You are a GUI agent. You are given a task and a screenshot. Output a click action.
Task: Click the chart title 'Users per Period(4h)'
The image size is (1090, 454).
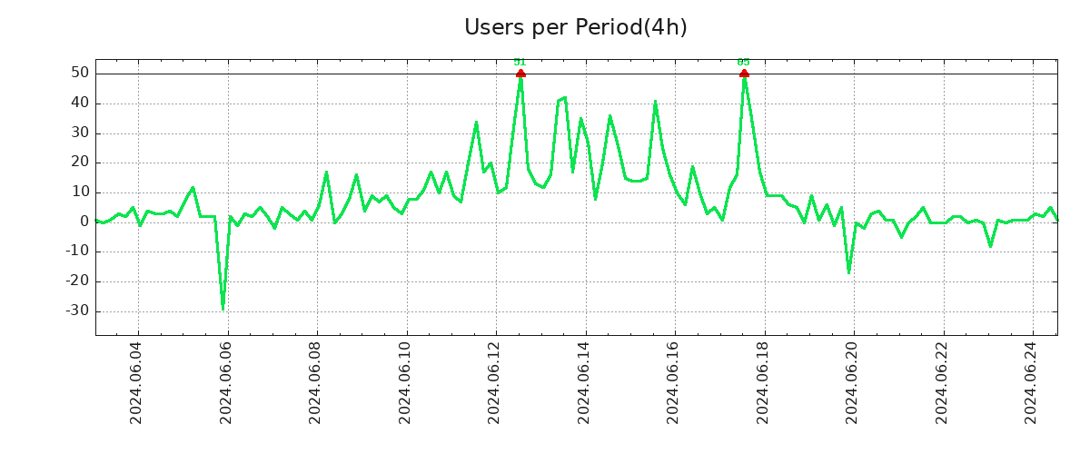pyautogui.click(x=575, y=27)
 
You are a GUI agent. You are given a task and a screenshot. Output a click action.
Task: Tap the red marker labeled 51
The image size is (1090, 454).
pyautogui.click(x=520, y=74)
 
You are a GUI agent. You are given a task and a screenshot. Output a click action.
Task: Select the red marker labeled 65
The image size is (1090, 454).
pyautogui.click(x=744, y=74)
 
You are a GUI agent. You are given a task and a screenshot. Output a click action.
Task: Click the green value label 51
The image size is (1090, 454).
pyautogui.click(x=520, y=62)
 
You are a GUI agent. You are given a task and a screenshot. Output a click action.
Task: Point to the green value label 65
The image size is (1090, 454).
pyautogui.click(x=744, y=62)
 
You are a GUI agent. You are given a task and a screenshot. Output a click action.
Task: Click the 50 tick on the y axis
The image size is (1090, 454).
pyautogui.click(x=79, y=74)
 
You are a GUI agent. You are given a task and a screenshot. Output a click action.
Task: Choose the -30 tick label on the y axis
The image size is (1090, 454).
pyautogui.click(x=75, y=311)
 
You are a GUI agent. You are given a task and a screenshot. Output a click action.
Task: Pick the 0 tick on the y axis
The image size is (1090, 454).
pyautogui.click(x=84, y=222)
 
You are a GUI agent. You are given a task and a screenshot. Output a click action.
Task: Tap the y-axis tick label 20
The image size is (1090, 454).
pyautogui.click(x=79, y=163)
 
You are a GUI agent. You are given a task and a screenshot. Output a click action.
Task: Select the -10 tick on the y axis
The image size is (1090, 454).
pyautogui.click(x=75, y=252)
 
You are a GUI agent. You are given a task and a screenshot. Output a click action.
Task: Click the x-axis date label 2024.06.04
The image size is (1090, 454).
pyautogui.click(x=137, y=382)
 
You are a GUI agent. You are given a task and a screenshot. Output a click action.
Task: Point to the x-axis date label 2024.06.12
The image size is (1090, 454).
pyautogui.click(x=495, y=382)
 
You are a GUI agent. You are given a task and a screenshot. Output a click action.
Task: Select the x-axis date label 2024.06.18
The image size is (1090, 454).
pyautogui.click(x=763, y=382)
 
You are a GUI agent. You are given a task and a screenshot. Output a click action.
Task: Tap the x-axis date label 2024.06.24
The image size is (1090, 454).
pyautogui.click(x=1031, y=382)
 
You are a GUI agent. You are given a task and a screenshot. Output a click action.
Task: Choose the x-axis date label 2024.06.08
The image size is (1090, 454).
pyautogui.click(x=316, y=382)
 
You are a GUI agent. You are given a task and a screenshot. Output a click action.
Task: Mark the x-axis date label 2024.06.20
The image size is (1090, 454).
pyautogui.click(x=852, y=382)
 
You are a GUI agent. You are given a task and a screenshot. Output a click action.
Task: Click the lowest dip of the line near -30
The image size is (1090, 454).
pyautogui.click(x=223, y=309)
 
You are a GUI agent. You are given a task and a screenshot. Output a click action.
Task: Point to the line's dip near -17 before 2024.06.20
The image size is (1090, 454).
pyautogui.click(x=848, y=272)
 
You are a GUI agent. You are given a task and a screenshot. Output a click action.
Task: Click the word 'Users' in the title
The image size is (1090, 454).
pyautogui.click(x=491, y=27)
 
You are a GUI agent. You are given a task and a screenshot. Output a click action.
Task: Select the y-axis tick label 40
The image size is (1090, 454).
pyautogui.click(x=79, y=104)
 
